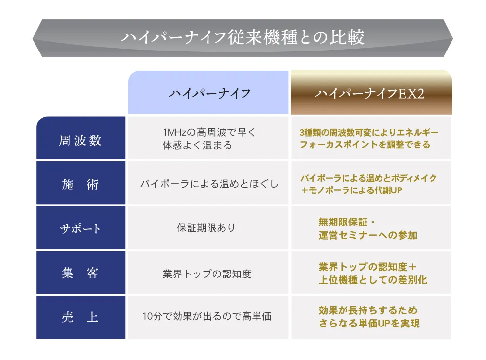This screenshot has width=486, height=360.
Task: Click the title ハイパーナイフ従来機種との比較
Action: tap(243, 38)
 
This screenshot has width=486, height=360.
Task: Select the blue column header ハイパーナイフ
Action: tap(209, 93)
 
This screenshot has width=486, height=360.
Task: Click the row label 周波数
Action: tap(81, 140)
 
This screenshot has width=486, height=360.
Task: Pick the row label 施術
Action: tap(81, 185)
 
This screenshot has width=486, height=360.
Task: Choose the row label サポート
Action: tap(81, 228)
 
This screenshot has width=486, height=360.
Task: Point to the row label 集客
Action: tap(81, 273)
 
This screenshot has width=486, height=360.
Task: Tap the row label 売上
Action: tap(81, 318)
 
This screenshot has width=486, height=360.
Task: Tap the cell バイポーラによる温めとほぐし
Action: tap(209, 184)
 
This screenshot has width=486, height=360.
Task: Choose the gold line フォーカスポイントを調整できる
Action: tap(365, 145)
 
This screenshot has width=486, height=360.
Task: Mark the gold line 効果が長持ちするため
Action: tap(368, 310)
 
